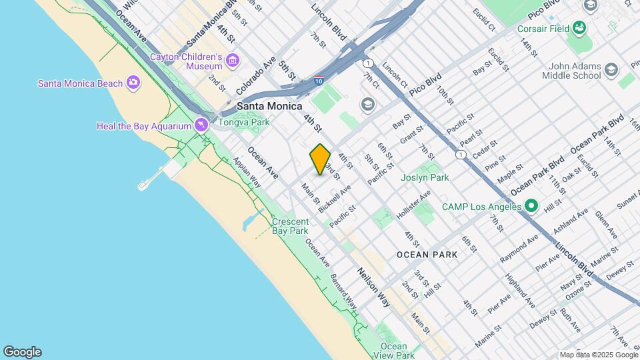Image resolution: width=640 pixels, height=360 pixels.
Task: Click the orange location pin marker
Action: pos(321,159)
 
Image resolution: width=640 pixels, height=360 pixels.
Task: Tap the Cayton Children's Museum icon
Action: pos(232,61)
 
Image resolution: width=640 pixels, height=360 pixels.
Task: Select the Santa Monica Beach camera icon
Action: pos(133,83)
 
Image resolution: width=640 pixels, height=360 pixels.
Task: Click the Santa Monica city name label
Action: pos(270,106)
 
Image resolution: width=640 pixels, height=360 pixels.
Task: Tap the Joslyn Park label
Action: pos(425,177)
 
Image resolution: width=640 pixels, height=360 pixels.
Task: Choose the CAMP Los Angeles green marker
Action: pos(531,206)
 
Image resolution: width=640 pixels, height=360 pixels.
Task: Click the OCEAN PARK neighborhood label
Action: pos(427,255)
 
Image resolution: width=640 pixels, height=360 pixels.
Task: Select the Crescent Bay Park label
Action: pos(290,226)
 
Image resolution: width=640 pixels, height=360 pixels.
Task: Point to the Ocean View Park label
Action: pos(393,351)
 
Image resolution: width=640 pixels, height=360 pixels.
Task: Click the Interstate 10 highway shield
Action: pos(319,81)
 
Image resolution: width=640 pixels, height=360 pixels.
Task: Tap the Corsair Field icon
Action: pos(579,29)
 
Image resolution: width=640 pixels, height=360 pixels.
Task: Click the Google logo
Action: pos(22,352)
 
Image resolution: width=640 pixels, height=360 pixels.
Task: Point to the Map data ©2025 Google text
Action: pos(598,355)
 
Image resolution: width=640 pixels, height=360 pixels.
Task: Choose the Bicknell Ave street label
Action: pos(335,199)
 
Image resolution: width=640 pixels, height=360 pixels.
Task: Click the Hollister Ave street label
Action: pos(413,203)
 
